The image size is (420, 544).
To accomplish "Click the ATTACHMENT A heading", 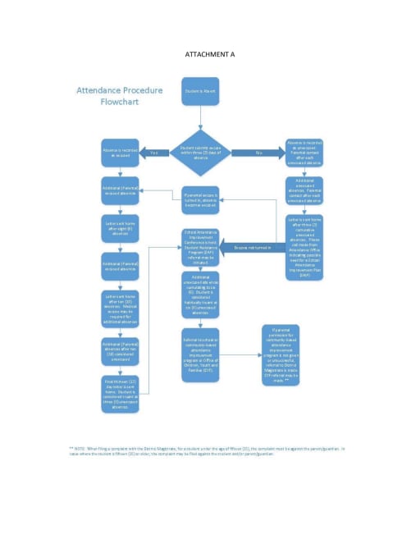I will point(210,54).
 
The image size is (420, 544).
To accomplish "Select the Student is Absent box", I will point(201,91).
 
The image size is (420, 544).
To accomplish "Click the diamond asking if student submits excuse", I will point(200,152).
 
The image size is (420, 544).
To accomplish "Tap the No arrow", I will point(258,153).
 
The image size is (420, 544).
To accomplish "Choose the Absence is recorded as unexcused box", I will point(304,153).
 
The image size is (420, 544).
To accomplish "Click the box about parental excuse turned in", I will point(200,200).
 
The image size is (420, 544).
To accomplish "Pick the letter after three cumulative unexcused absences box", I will point(304,237).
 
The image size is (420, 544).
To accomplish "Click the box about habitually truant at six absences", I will point(200,295).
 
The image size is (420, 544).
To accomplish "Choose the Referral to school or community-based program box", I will point(200,354).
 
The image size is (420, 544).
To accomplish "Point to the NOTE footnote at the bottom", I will point(210,450).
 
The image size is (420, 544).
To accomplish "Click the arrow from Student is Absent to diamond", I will point(200,117).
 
